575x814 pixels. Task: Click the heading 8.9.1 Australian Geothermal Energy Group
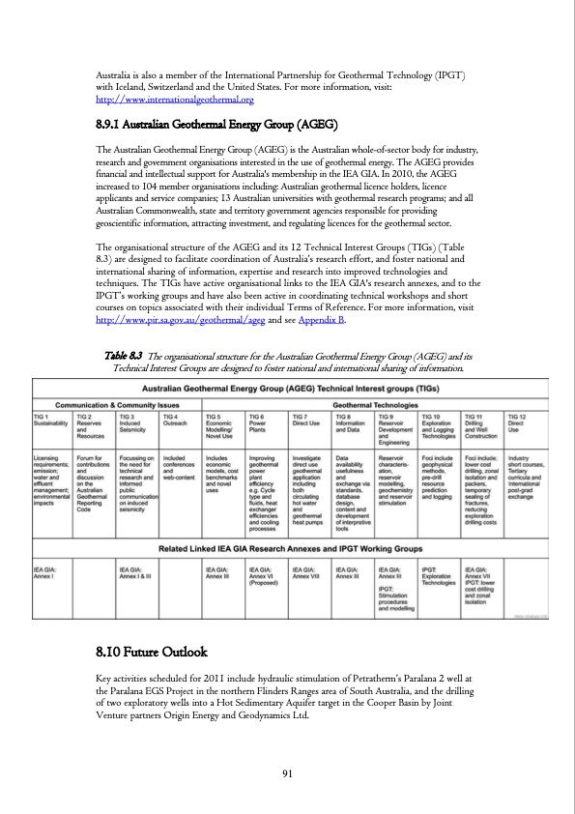click(216, 126)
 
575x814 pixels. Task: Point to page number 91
click(287, 771)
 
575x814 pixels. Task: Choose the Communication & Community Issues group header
click(116, 405)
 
